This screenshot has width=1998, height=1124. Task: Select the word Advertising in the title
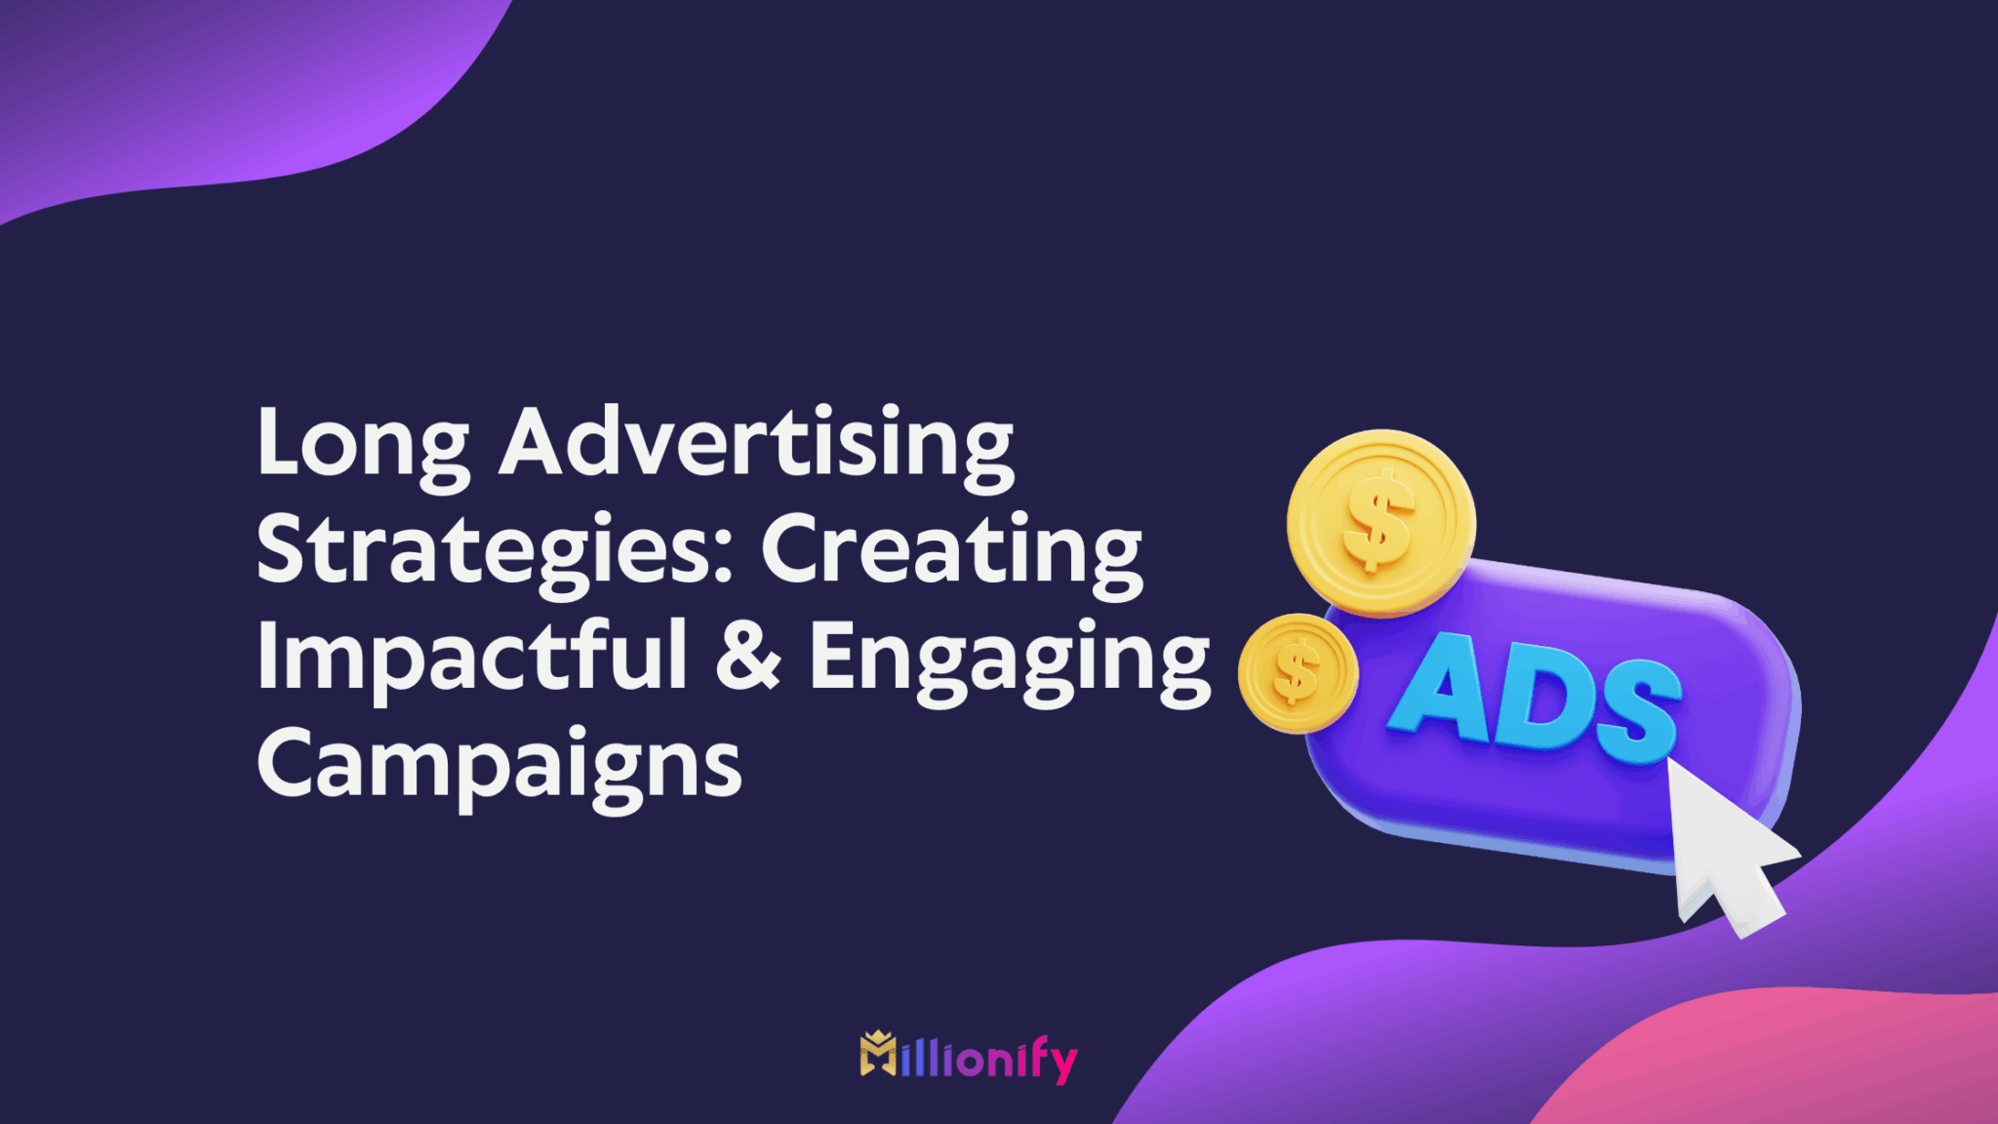(757, 444)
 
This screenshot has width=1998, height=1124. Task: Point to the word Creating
(951, 551)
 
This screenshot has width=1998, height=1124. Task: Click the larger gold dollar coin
(1380, 524)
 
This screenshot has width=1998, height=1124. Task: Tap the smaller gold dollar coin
(1298, 673)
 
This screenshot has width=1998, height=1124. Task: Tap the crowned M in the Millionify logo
(878, 1054)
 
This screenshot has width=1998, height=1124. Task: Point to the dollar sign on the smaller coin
(1296, 673)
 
